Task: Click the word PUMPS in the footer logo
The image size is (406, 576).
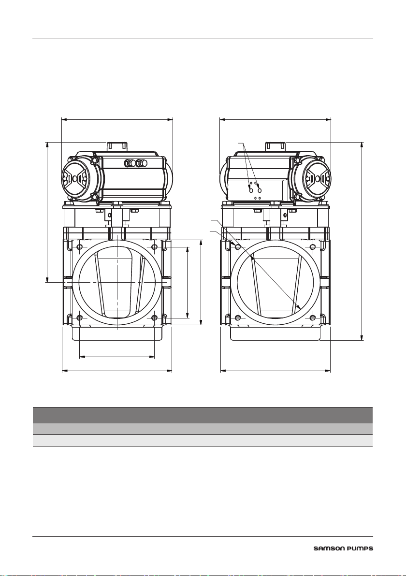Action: pos(359,549)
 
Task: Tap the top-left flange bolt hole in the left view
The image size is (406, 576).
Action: pos(79,246)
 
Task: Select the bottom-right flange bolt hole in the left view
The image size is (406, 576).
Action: pos(154,317)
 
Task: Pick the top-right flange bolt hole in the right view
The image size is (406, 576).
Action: pos(313,246)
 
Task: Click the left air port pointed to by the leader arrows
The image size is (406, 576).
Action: pos(251,191)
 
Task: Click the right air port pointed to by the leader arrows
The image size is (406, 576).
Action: pos(260,191)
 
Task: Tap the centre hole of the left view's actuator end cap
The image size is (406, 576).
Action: pos(75,178)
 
